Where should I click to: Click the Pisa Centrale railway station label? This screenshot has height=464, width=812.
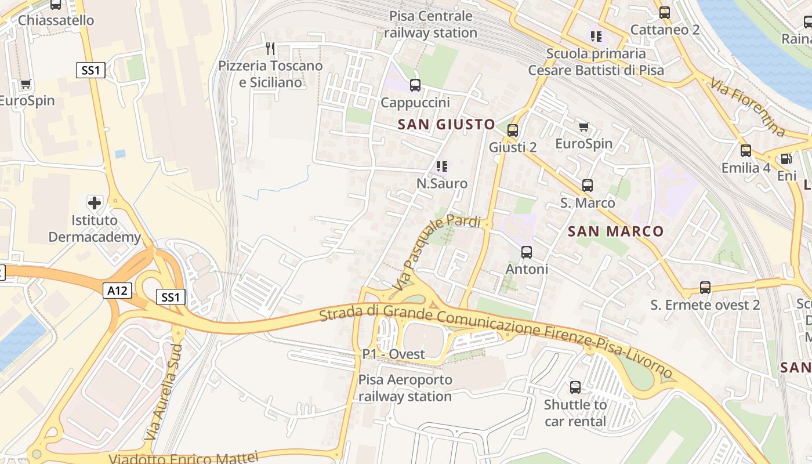coord(430,24)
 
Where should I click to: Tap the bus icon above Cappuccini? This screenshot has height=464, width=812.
coord(415,85)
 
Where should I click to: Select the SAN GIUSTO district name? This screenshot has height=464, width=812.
coord(446,124)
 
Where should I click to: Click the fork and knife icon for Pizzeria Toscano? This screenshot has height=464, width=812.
coord(270,48)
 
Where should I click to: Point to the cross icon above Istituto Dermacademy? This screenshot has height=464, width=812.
coord(95,203)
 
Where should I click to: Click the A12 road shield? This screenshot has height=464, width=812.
coord(118,290)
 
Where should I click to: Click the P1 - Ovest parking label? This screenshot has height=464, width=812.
coord(393,354)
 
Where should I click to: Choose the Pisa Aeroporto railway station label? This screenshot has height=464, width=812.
coord(405,388)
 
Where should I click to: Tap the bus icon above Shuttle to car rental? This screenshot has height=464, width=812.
coord(575,387)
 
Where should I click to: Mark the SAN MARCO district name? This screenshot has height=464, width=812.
coord(615,231)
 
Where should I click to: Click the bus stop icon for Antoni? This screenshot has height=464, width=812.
coord(527,252)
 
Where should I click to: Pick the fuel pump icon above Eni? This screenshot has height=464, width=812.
coord(786,158)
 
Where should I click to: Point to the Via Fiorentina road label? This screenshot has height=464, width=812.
coord(747,106)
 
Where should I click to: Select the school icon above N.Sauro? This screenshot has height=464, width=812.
coord(442,166)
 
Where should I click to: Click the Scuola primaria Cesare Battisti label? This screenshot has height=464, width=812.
coord(596,62)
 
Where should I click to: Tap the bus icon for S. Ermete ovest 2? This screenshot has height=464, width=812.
coord(705,288)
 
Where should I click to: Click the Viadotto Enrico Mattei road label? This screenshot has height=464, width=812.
coord(183,458)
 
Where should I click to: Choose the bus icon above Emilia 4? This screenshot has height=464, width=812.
coord(746,151)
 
